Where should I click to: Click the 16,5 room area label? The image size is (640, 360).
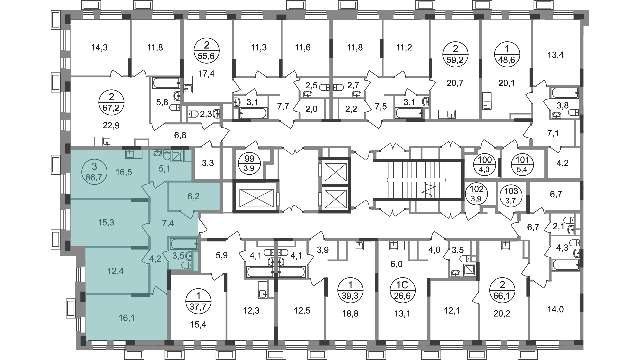[124, 172]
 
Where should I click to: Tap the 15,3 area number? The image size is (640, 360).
[106, 223]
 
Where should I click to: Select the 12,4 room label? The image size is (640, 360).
[115, 271]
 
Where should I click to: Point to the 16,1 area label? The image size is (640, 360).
[127, 318]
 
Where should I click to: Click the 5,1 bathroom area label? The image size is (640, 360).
[164, 169]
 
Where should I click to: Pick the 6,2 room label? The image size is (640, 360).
[193, 196]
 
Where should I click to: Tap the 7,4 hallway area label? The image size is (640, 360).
[168, 223]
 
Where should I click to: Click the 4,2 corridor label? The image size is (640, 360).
[155, 259]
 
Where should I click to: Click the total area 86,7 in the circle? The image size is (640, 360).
[94, 177]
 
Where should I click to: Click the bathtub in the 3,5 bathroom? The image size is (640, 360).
[184, 244]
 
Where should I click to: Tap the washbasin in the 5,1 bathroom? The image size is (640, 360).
[157, 153]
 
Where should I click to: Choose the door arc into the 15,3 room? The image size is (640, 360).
[145, 229]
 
